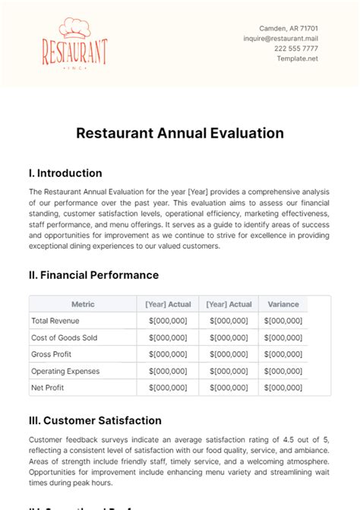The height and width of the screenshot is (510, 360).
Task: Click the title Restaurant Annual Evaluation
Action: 179,133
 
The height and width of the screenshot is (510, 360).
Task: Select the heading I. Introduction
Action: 65,173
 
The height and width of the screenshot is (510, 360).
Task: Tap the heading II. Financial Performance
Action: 94,274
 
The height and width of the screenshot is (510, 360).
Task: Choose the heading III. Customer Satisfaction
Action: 95,420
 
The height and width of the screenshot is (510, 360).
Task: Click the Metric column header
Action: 82,304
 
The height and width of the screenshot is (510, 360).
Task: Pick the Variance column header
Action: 283,304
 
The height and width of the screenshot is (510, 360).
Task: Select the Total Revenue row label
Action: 55,321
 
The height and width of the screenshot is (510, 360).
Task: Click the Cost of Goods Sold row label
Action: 64,337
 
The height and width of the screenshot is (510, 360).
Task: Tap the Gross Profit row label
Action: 51,354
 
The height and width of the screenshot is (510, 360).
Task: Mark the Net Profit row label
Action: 47,388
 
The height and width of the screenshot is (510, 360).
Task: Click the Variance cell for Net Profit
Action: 283,388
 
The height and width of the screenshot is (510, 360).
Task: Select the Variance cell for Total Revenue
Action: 283,321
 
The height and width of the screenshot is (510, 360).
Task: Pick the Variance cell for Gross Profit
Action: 283,354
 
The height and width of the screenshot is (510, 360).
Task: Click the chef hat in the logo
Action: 74,27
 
